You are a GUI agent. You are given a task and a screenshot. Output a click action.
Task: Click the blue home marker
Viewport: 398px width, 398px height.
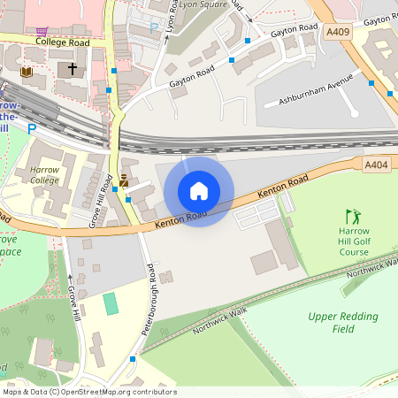(x=199, y=190)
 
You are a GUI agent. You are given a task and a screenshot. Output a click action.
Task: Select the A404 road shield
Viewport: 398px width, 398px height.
(x=376, y=164)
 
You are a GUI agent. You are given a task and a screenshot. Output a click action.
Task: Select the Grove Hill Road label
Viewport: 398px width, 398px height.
(x=98, y=205)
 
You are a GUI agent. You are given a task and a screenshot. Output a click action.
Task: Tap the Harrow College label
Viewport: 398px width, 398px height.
(x=44, y=174)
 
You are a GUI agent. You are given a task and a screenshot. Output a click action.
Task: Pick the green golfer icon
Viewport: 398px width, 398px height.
(x=354, y=217)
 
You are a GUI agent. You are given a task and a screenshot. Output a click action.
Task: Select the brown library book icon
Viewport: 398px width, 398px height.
(x=27, y=71)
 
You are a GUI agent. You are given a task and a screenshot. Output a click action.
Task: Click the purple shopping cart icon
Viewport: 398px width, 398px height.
(x=41, y=30)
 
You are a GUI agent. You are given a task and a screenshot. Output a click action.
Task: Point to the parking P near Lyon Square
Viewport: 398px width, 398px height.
(x=154, y=27)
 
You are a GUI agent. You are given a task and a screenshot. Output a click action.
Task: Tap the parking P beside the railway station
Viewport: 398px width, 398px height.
(x=32, y=128)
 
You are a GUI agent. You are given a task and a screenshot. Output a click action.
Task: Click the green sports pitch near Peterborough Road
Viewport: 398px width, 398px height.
(x=110, y=303)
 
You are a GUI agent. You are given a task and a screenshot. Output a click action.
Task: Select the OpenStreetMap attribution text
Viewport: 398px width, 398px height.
(x=89, y=392)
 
